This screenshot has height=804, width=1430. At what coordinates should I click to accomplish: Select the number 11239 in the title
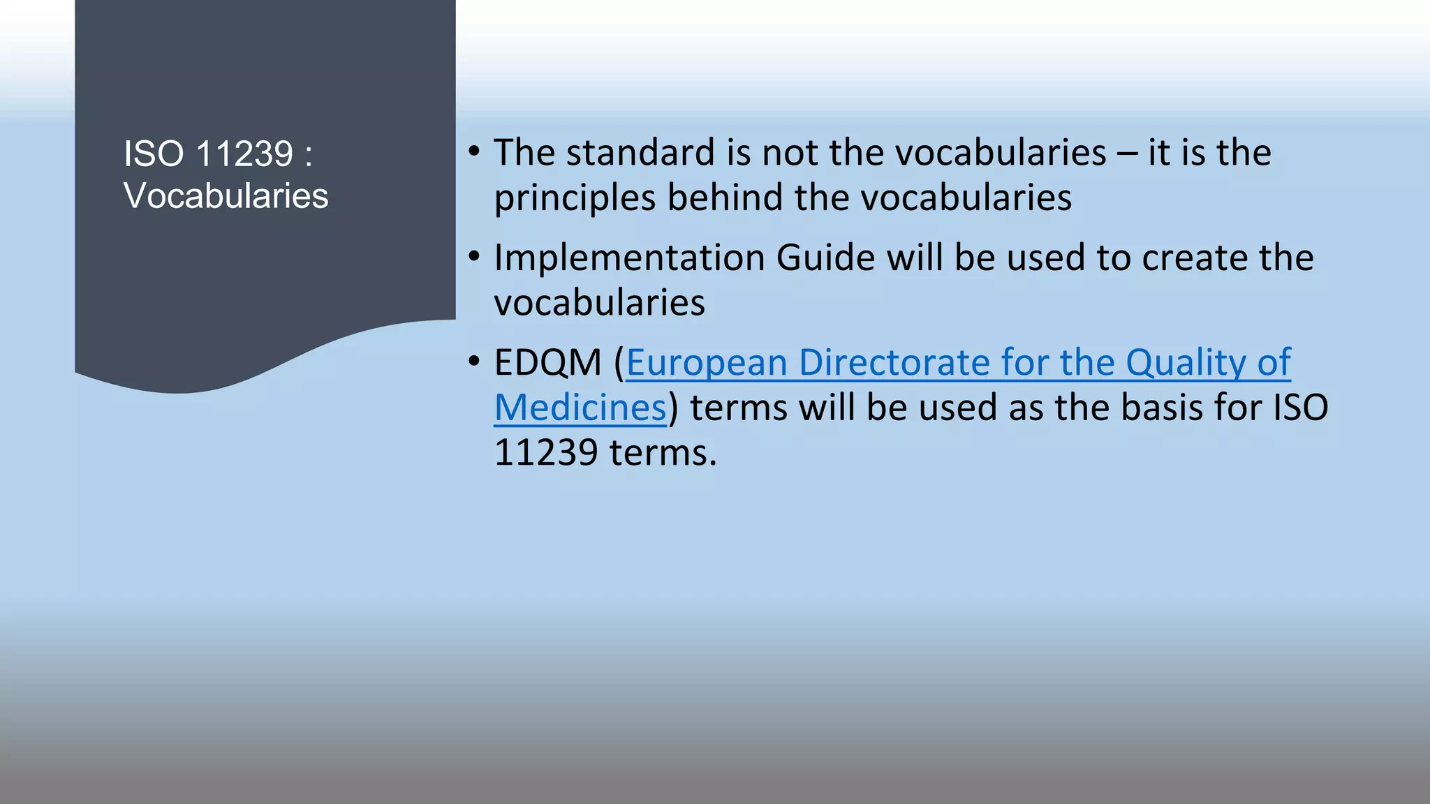(244, 154)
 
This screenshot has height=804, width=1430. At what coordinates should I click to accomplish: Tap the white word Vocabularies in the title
(226, 195)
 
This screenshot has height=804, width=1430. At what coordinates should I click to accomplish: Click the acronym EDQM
(547, 363)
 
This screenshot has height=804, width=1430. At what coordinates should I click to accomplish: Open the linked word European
(706, 364)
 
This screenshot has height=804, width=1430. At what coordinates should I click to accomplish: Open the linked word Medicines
(580, 408)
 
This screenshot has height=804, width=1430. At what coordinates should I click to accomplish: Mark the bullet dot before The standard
(475, 151)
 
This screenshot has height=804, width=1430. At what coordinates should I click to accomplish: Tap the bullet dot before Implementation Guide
(475, 257)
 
